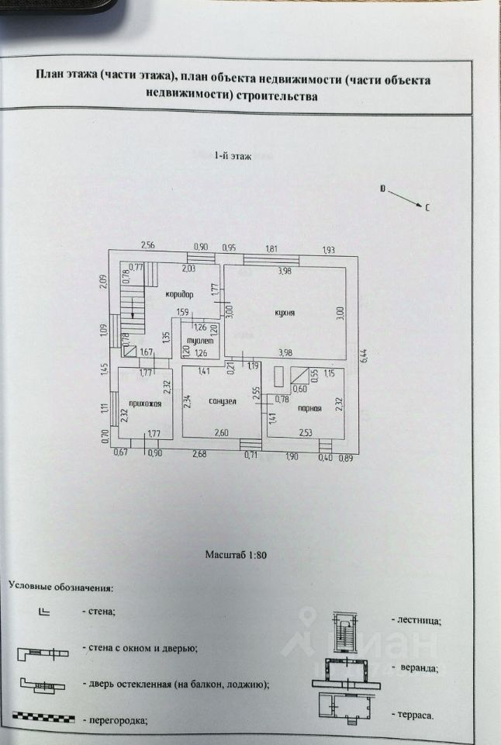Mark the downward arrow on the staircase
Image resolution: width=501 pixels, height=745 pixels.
point(133,313)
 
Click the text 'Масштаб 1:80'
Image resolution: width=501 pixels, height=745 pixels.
point(236,555)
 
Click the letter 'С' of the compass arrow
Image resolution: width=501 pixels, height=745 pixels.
point(428,208)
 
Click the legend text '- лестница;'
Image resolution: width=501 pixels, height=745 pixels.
point(419,620)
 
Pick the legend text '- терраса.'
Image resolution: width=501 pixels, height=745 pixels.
point(417,714)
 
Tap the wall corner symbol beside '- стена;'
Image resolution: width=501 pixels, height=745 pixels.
point(44,612)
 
